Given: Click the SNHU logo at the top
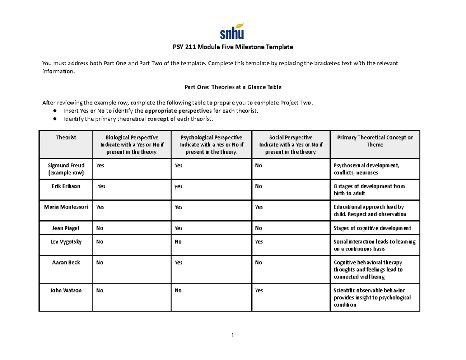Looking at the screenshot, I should pyautogui.click(x=233, y=31).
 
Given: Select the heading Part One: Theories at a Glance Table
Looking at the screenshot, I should pyautogui.click(x=233, y=87).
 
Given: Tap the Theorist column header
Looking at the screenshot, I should pyautogui.click(x=66, y=137).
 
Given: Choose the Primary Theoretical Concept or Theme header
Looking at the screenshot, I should pyautogui.click(x=375, y=141).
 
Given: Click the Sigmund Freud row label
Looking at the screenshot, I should pyautogui.click(x=66, y=169).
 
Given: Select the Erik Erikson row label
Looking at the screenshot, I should pyautogui.click(x=66, y=186).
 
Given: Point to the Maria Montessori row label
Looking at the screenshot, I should pyautogui.click(x=66, y=207).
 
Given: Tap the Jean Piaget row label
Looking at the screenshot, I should pyautogui.click(x=66, y=228).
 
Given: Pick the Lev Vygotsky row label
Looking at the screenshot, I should pyautogui.click(x=66, y=242).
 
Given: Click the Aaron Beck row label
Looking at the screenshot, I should pyautogui.click(x=66, y=262).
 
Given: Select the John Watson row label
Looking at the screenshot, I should pyautogui.click(x=66, y=290).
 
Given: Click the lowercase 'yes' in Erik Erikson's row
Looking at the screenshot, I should pyautogui.click(x=178, y=186).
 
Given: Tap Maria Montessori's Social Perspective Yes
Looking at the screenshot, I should pyautogui.click(x=259, y=207).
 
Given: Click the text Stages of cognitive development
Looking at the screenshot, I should pyautogui.click(x=372, y=228).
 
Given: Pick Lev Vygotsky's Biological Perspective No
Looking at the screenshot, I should pyautogui.click(x=100, y=242).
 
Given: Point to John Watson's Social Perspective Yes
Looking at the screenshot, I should pyautogui.click(x=259, y=290).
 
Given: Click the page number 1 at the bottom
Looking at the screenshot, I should pyautogui.click(x=233, y=336).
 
